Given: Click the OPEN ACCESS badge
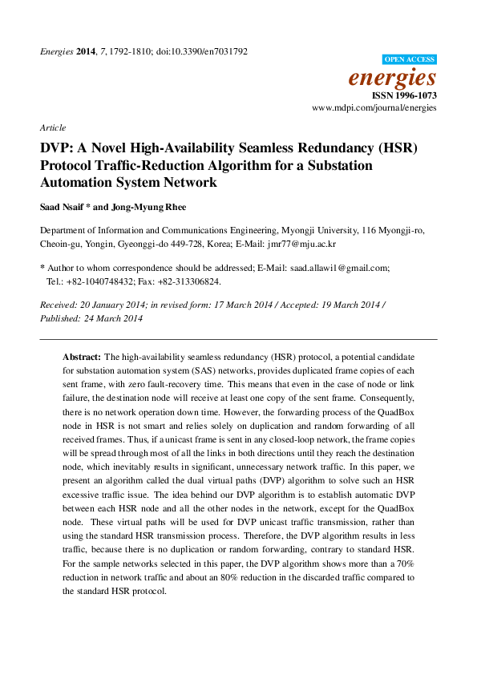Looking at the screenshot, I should pos(410,59).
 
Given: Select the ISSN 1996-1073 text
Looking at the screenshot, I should pos(405,95).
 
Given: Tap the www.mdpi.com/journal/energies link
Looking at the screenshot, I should pos(374,107).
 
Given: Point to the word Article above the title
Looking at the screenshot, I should pos(52,127).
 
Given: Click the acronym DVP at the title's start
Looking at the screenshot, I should pos(57,148).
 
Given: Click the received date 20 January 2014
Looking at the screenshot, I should pos(109,305).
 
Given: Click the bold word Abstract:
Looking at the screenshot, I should pos(82,355).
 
